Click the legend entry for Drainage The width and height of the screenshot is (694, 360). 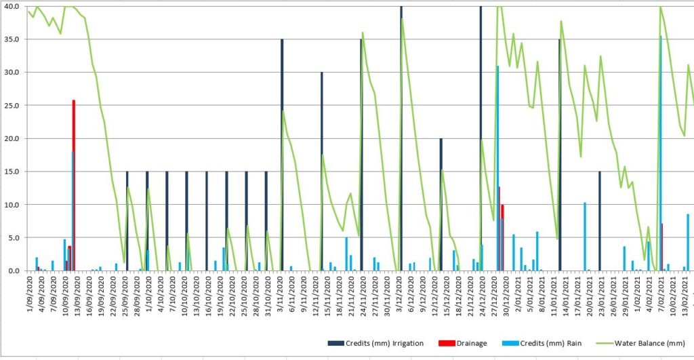coord(468,343)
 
